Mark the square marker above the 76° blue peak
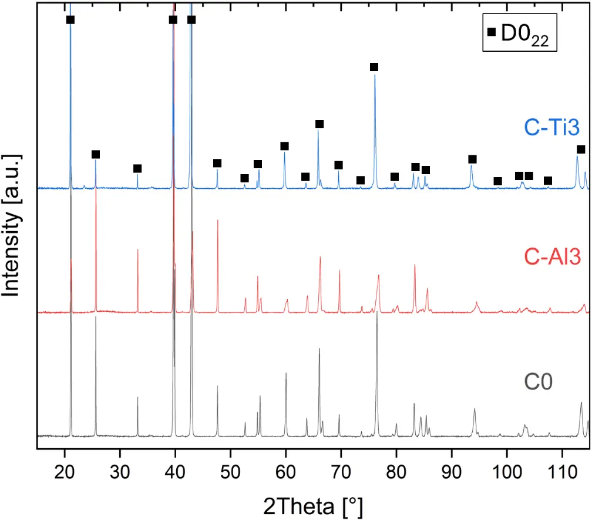[x=374, y=67]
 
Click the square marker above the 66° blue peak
[x=319, y=124]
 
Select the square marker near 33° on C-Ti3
[x=137, y=169]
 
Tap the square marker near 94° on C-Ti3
[x=472, y=159]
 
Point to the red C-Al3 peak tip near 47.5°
[x=217, y=220]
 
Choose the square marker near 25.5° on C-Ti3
[x=96, y=154]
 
